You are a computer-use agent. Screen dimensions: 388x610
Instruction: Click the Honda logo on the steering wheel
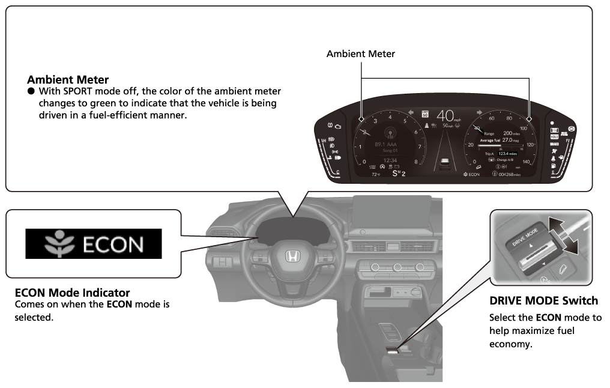click(292, 256)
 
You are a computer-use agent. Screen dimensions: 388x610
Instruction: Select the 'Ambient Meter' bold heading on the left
click(68, 79)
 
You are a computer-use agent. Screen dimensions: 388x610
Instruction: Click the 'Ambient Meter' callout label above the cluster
click(361, 54)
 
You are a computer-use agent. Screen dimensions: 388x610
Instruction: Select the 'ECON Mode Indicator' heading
click(72, 293)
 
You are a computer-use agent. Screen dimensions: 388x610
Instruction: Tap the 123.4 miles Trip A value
click(505, 154)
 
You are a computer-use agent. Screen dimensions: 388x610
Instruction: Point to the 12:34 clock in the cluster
click(389, 159)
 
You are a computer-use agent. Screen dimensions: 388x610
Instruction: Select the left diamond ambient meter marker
click(360, 120)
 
